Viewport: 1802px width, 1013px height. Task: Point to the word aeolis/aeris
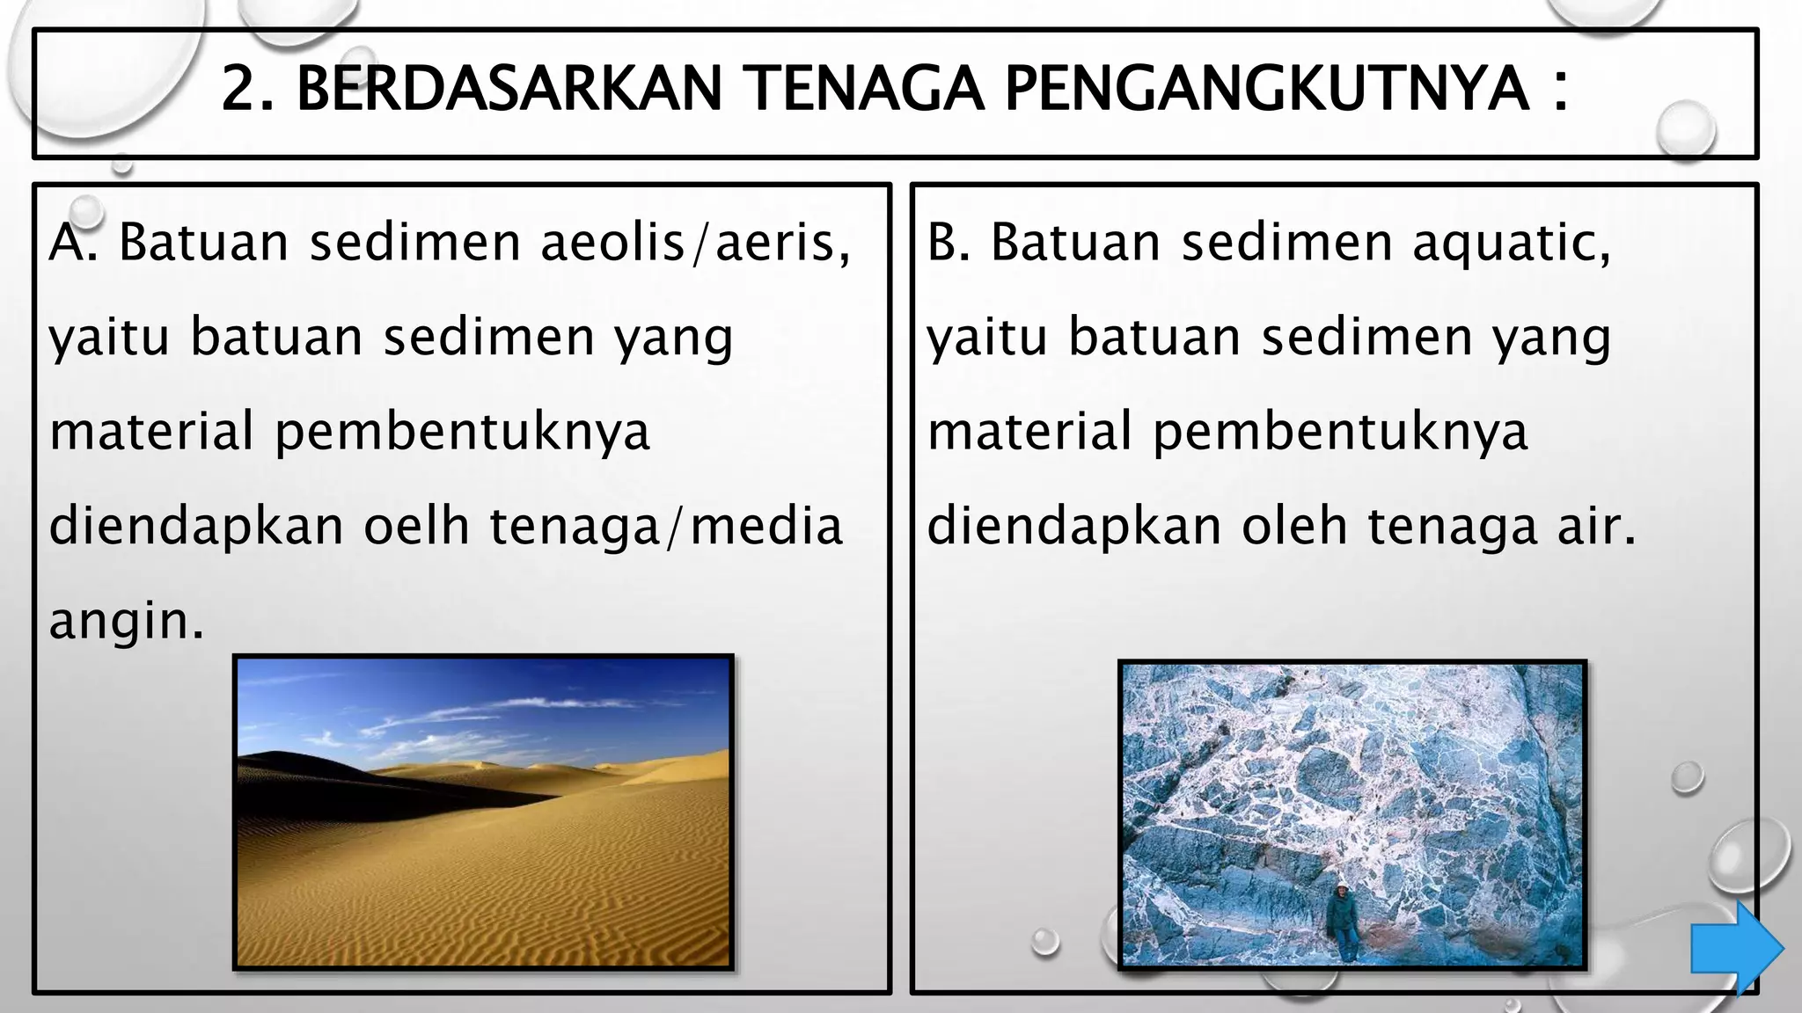tap(695, 242)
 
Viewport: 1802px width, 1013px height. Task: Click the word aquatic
tap(1512, 244)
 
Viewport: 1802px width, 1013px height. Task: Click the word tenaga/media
tap(666, 526)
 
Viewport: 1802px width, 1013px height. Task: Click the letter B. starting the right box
tap(949, 242)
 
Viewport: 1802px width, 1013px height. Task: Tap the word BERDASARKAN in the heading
tap(509, 89)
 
